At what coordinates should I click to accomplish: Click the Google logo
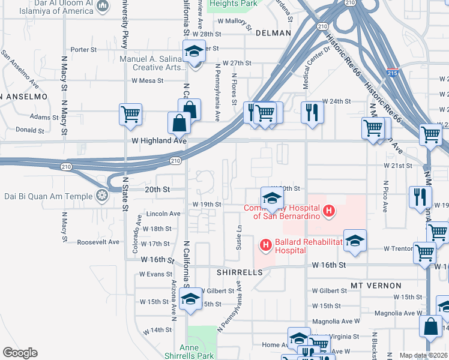pos(20,353)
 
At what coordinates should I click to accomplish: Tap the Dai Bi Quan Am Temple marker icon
pos(103,195)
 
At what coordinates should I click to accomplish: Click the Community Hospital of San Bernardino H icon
pos(328,211)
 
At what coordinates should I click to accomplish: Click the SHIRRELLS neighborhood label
pos(240,272)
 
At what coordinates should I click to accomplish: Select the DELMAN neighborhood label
pos(273,33)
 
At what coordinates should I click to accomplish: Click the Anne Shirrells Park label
pos(197,352)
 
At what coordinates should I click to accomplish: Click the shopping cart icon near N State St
pos(130,113)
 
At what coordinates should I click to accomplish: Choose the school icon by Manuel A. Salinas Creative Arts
pos(194,52)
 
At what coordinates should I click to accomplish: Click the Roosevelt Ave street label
pos(98,242)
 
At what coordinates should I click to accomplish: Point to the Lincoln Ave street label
pos(163,213)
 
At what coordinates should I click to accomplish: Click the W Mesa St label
pos(148,80)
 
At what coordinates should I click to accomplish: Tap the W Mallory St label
pos(233,20)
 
